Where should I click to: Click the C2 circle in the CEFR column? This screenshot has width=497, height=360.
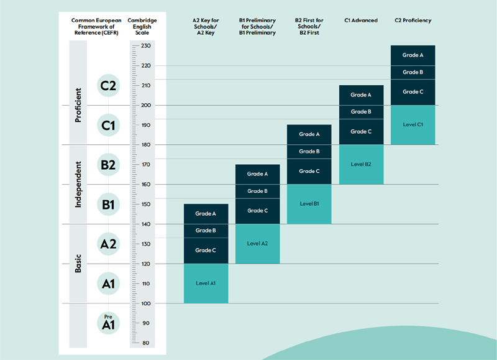pyautogui.click(x=109, y=86)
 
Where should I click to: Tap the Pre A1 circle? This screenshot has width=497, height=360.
pyautogui.click(x=109, y=322)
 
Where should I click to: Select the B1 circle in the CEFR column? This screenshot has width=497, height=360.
pyautogui.click(x=109, y=204)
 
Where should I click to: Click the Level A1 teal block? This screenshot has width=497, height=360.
pyautogui.click(x=206, y=283)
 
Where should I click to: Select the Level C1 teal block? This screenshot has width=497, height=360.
pyautogui.click(x=413, y=124)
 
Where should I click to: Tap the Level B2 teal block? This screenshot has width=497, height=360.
pyautogui.click(x=361, y=164)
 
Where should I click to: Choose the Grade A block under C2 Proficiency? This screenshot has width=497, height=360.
pyautogui.click(x=413, y=55)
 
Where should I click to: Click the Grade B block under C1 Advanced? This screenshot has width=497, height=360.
pyautogui.click(x=361, y=112)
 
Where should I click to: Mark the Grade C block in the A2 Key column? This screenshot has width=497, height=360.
pyautogui.click(x=206, y=250)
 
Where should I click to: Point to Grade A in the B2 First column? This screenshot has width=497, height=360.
pyautogui.click(x=309, y=134)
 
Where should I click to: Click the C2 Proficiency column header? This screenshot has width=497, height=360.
pyautogui.click(x=413, y=21)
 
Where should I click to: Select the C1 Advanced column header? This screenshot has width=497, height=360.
pyautogui.click(x=361, y=21)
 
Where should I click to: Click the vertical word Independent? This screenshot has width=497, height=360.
pyautogui.click(x=78, y=185)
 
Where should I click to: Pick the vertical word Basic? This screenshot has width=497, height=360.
pyautogui.click(x=78, y=263)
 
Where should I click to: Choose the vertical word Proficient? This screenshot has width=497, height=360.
pyautogui.click(x=78, y=105)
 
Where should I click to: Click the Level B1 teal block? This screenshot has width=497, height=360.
pyautogui.click(x=309, y=204)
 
